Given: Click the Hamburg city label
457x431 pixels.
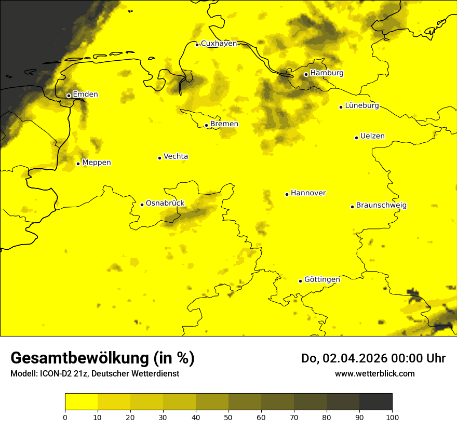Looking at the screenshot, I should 327,73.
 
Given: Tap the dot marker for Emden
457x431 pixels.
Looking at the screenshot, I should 69,96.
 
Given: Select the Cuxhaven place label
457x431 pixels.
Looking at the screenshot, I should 219,44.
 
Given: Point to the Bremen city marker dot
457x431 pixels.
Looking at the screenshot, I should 206,125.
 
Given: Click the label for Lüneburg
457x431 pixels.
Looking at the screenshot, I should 362,106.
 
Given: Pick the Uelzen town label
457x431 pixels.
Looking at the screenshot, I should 372,137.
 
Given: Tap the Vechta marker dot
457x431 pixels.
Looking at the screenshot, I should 159,158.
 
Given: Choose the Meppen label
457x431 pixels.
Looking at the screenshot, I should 97,163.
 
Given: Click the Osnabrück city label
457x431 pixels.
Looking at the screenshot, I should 165,204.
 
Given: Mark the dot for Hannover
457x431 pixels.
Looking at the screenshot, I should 287,194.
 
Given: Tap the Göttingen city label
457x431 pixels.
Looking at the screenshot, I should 322,280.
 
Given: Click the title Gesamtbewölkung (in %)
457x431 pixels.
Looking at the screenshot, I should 102,358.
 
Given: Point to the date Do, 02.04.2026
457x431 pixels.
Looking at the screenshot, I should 343,358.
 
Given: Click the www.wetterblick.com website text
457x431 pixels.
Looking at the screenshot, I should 374,373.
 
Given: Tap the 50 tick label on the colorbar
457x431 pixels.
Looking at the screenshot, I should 228,417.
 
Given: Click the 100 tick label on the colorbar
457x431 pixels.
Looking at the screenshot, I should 392,417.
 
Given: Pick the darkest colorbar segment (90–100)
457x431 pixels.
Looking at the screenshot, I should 375,401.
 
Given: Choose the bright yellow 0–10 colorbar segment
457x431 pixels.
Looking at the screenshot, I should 81,401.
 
